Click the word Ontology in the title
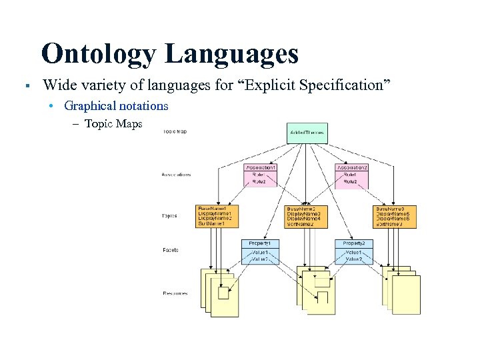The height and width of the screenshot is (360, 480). pyautogui.click(x=99, y=54)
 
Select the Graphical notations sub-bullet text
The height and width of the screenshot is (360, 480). pyautogui.click(x=116, y=106)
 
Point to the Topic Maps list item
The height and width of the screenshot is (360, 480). pyautogui.click(x=113, y=124)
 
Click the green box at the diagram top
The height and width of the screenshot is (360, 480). pyautogui.click(x=307, y=133)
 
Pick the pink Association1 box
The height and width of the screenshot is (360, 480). pyautogui.click(x=259, y=174)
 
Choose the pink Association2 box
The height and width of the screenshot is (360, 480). pyautogui.click(x=351, y=174)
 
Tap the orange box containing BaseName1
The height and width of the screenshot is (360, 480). pyautogui.click(x=216, y=216)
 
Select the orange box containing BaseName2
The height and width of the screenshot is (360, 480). pyautogui.click(x=306, y=216)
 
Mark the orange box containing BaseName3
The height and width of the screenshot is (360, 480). pyautogui.click(x=397, y=216)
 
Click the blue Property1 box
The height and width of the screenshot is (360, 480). pyautogui.click(x=259, y=251)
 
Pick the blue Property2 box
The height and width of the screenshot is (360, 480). pyautogui.click(x=353, y=251)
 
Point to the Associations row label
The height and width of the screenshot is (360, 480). pyautogui.click(x=176, y=175)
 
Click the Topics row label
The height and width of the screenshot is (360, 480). pyautogui.click(x=170, y=216)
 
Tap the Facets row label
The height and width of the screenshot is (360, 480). pyautogui.click(x=170, y=250)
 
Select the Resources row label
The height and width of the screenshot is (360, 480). pyautogui.click(x=175, y=293)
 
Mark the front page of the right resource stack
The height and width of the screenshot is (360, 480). pyautogui.click(x=406, y=295)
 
